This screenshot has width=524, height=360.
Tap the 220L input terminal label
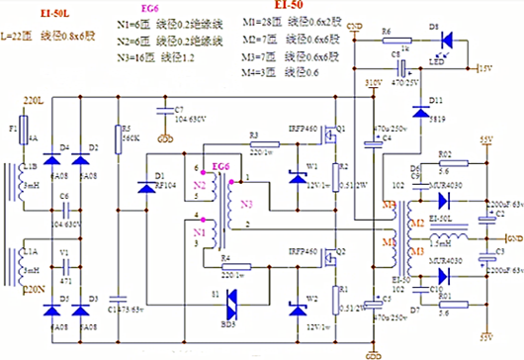pyautogui.click(x=34, y=101)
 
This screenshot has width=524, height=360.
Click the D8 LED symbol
pyautogui.click(x=446, y=42)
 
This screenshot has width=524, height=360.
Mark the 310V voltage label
pyautogui.click(x=373, y=83)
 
